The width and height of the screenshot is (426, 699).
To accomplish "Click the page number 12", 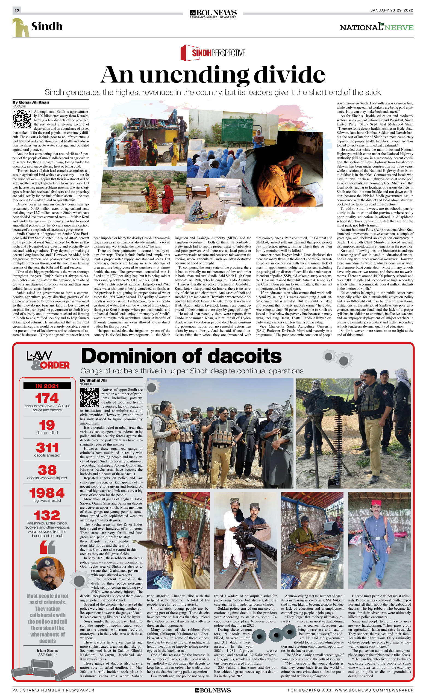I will tap(17, 10).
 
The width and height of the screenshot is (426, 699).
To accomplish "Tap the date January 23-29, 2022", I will tap(391, 10).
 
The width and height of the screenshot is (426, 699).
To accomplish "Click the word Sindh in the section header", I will tap(47, 26).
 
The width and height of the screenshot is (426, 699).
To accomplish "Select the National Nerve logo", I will tap(376, 27).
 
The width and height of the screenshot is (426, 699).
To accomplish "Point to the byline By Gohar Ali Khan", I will tap(31, 102).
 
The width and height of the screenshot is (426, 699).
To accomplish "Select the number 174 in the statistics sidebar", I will tap(47, 398).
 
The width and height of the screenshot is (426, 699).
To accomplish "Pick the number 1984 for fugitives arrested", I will tap(47, 493).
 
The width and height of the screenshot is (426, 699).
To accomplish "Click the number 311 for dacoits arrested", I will tap(47, 448).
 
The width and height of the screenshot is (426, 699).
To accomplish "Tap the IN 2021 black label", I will tap(47, 386).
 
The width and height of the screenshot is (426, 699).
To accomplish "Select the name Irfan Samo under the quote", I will tap(47, 650).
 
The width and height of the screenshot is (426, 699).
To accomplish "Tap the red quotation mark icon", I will tap(47, 547).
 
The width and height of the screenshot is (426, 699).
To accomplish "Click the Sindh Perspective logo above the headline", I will tap(213, 53).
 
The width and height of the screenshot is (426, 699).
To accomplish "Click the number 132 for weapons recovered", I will tap(47, 515).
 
